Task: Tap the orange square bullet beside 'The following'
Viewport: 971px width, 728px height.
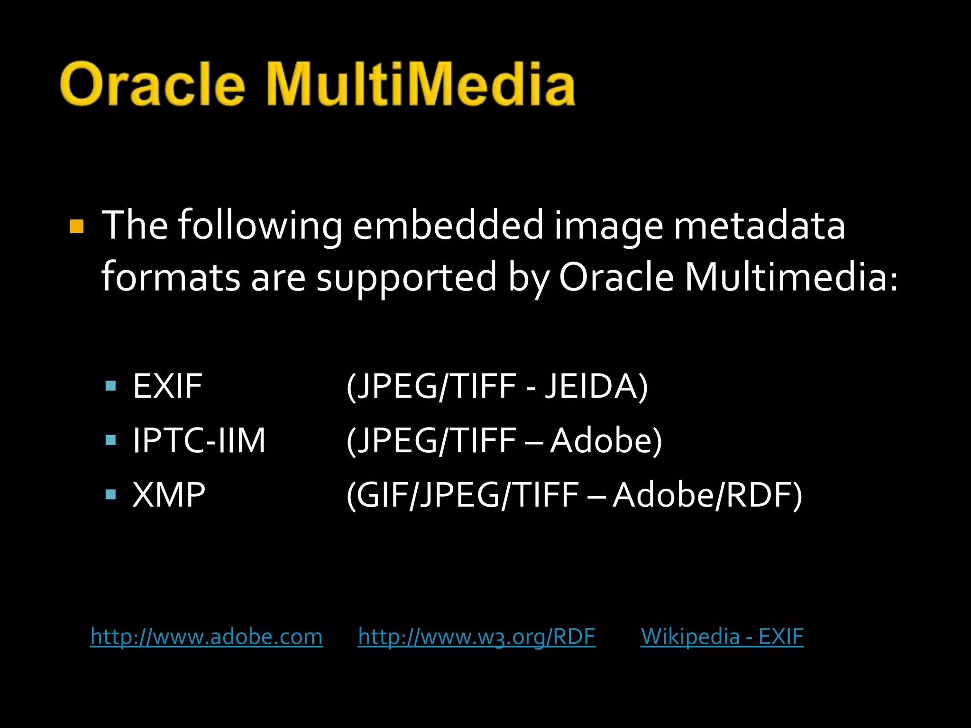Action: [76, 226]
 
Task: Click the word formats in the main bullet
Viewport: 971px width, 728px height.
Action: [171, 278]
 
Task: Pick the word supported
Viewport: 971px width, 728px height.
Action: [406, 278]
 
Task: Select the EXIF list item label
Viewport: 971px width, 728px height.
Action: [167, 386]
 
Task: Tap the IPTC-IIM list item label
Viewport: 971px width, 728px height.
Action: [199, 440]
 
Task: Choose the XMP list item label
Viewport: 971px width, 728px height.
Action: [169, 495]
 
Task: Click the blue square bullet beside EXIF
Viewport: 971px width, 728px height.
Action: [111, 386]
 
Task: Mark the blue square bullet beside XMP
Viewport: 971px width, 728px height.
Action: [111, 495]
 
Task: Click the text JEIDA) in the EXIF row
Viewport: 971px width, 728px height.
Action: [596, 386]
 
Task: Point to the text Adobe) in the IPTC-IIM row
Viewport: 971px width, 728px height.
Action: [605, 440]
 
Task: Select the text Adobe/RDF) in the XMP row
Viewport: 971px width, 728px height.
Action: [707, 495]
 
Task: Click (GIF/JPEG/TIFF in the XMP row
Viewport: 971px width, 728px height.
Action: [462, 495]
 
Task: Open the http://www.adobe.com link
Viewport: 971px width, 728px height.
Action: [207, 636]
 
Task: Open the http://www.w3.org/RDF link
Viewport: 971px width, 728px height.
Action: [476, 636]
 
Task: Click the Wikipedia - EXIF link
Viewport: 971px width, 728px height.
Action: [722, 636]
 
